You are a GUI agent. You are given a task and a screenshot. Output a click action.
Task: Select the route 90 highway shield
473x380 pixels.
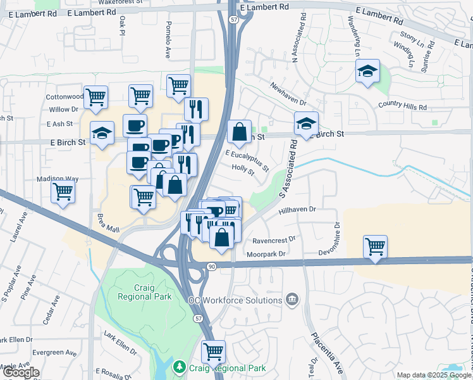[211, 267]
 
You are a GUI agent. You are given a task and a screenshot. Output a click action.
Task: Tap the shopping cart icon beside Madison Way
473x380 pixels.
[63, 191]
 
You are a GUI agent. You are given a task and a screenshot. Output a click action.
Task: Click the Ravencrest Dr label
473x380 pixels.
[274, 241]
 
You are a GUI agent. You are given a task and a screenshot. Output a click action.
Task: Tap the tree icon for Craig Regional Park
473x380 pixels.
[180, 367]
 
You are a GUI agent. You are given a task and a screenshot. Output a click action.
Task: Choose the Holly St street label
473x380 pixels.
[242, 170]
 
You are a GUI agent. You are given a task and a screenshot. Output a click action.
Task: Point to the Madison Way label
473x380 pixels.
[57, 179]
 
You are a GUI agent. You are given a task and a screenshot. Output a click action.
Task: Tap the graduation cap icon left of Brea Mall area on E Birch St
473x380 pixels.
[102, 133]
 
